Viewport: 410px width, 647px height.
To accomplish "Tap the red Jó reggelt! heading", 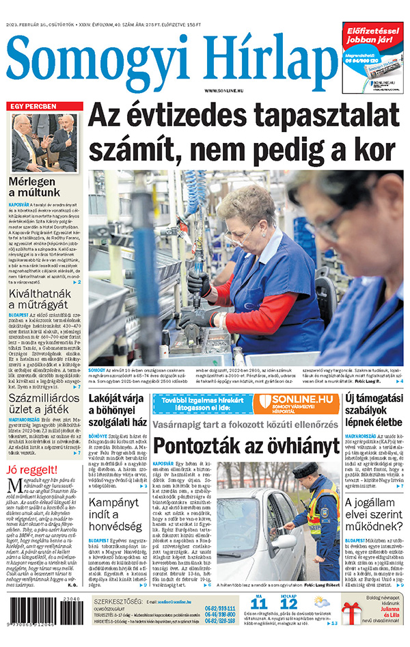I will pyautogui.click(x=31, y=471).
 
